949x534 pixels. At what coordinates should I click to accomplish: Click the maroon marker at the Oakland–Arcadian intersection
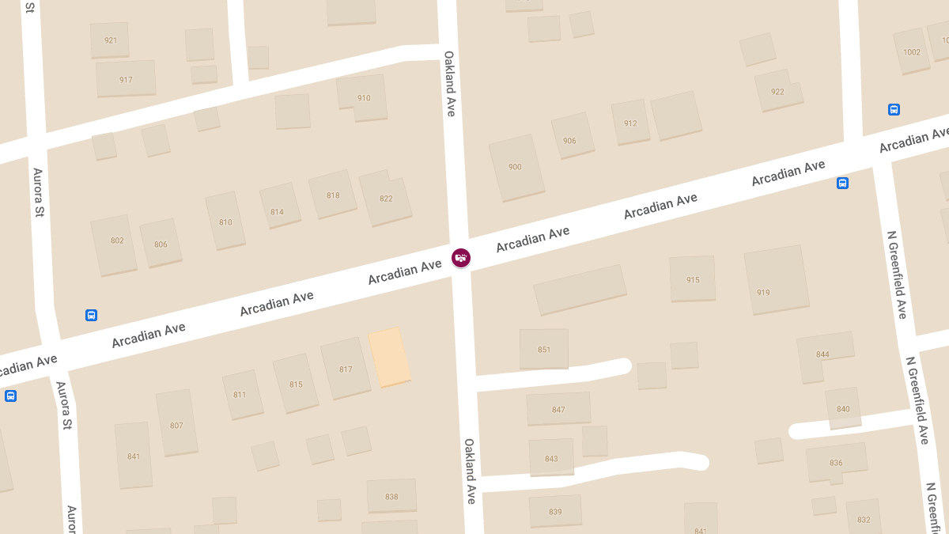pos(461,258)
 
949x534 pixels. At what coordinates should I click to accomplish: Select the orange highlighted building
pos(389,358)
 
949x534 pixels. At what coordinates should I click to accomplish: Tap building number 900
pos(516,167)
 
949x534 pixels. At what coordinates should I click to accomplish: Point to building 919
pos(776,279)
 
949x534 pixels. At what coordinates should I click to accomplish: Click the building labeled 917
pos(126,79)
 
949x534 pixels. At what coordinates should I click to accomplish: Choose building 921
pos(110,40)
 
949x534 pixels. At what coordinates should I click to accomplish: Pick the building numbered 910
pos(363,98)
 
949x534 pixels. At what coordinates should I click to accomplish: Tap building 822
pos(385,198)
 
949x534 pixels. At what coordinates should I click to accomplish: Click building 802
pos(115,244)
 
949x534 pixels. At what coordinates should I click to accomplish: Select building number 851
pos(544,349)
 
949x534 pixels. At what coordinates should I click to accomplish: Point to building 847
pos(558,409)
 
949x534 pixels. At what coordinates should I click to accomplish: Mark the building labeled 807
pos(176,424)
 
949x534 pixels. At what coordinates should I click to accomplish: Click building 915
pos(693,278)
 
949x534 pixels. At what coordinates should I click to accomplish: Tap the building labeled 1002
pos(911,51)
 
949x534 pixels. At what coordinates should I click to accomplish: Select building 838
pos(391,495)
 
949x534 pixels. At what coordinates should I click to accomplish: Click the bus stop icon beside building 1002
pos(894,109)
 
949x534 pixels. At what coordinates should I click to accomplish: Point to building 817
pos(346,369)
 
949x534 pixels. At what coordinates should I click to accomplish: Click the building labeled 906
pos(572,136)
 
